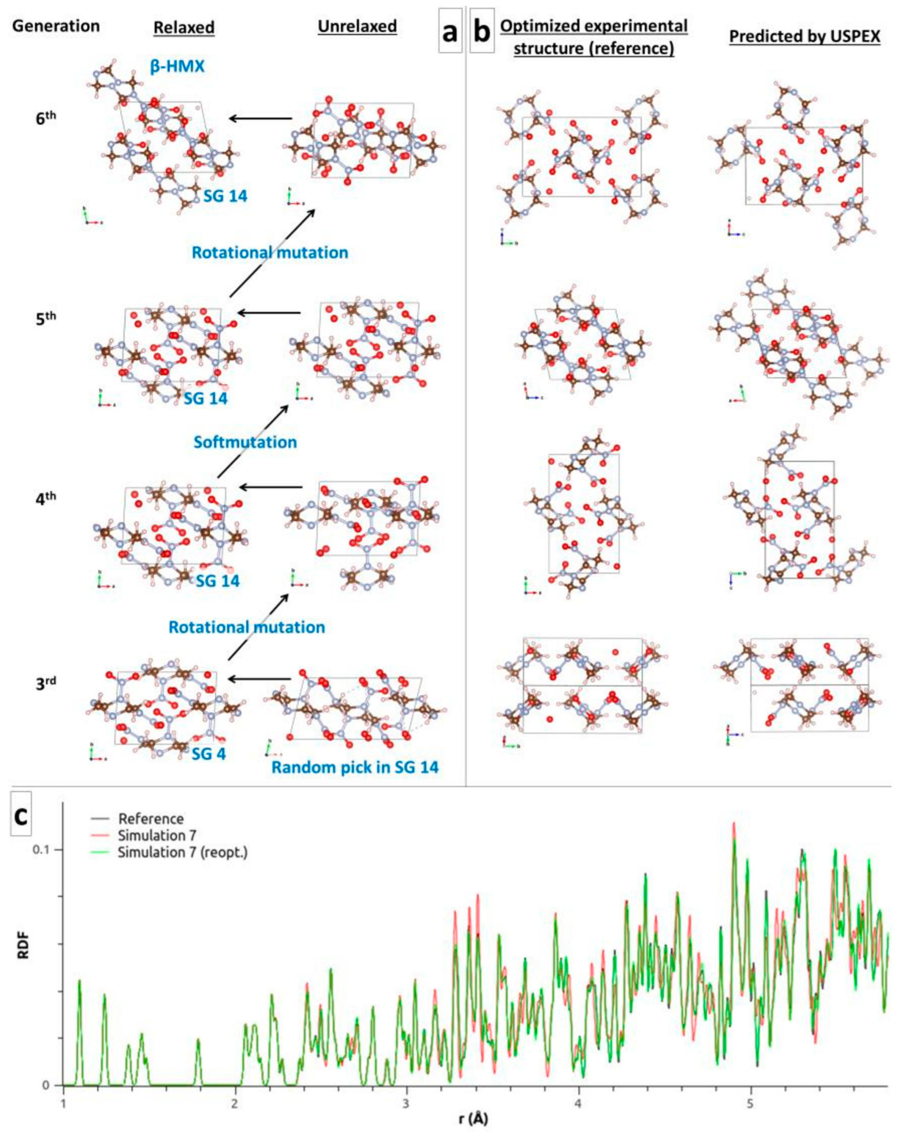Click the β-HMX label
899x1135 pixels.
177,67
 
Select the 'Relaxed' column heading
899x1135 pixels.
183,27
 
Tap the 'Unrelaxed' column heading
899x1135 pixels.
357,26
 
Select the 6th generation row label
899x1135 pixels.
46,117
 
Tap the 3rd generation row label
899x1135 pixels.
46,682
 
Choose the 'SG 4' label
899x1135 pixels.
208,754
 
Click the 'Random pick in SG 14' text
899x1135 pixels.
355,767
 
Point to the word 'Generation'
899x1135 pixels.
56,26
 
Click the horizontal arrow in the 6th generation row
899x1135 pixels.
260,119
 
